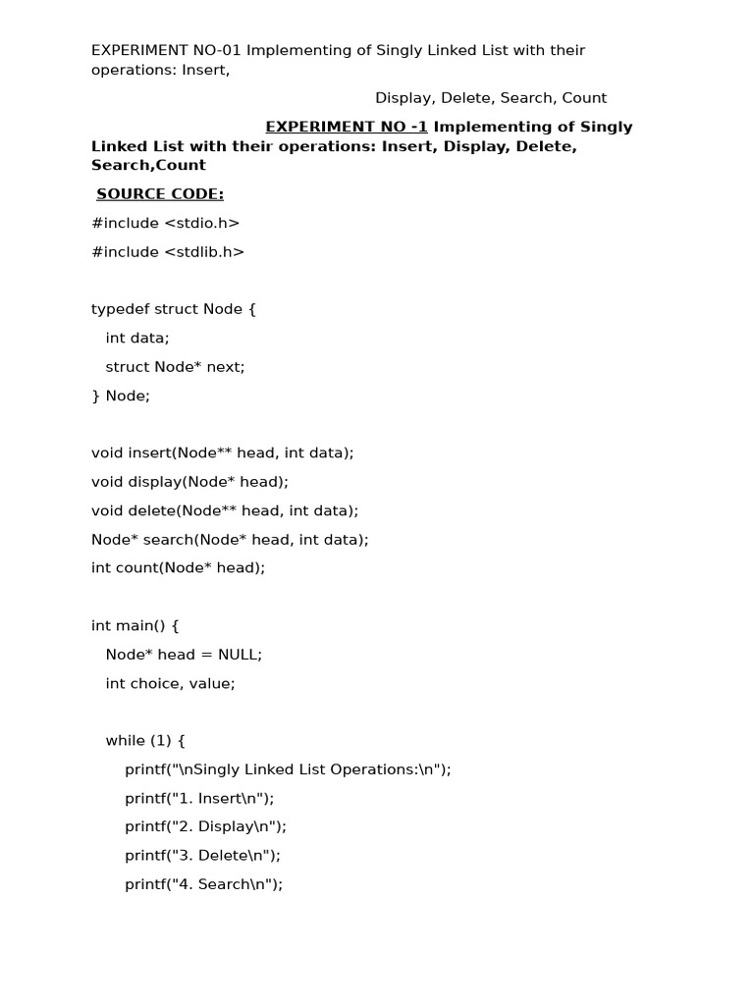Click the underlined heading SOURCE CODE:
(x=160, y=194)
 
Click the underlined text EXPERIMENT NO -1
(x=347, y=127)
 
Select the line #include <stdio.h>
(x=165, y=223)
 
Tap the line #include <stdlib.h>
(x=168, y=252)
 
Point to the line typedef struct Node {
(x=173, y=309)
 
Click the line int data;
(x=137, y=338)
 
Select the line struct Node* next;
(x=175, y=367)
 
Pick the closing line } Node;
(x=121, y=396)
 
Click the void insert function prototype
(x=222, y=453)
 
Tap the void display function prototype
(x=189, y=482)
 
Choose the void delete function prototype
(x=225, y=510)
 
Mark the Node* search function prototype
(x=230, y=540)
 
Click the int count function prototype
(x=178, y=568)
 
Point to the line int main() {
(x=135, y=625)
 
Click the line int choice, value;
(x=170, y=683)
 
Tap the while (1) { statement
(x=145, y=741)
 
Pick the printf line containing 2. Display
(x=205, y=827)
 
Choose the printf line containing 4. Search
(x=203, y=884)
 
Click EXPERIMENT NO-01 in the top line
(x=165, y=50)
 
